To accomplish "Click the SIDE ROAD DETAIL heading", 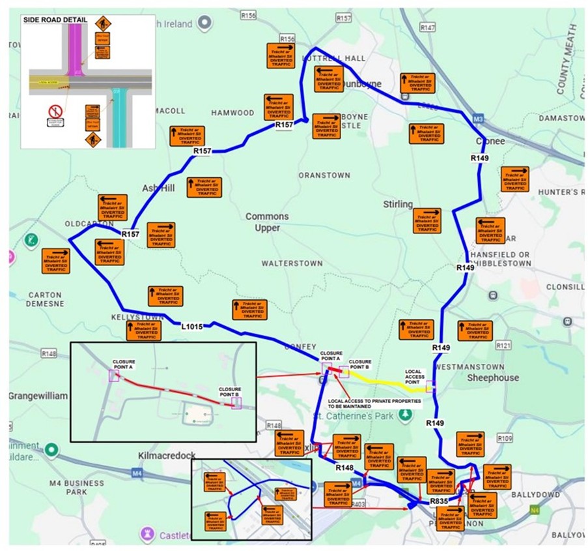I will pyautogui.click(x=55, y=20).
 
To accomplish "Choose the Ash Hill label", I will pyautogui.click(x=159, y=188).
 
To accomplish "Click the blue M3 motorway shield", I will pyautogui.click(x=478, y=119).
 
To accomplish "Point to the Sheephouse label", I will pyautogui.click(x=493, y=378).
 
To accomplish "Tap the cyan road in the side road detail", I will pyautogui.click(x=119, y=117).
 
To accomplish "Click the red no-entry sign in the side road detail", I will pyautogui.click(x=55, y=112).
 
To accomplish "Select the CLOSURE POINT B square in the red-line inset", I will pyautogui.click(x=236, y=403).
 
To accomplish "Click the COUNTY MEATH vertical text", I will pyautogui.click(x=566, y=59).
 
